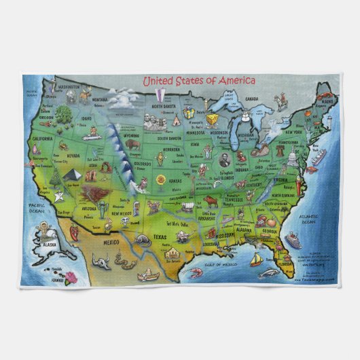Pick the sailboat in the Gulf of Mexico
click(255, 259)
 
